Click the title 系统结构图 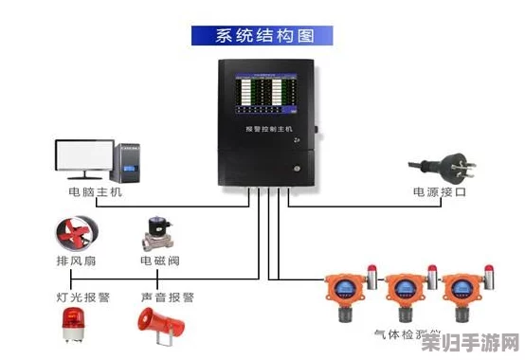[x=262, y=37]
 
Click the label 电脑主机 [x=96, y=191]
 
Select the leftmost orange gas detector [x=344, y=295]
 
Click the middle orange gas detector [x=402, y=295]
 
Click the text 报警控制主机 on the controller [x=270, y=128]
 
